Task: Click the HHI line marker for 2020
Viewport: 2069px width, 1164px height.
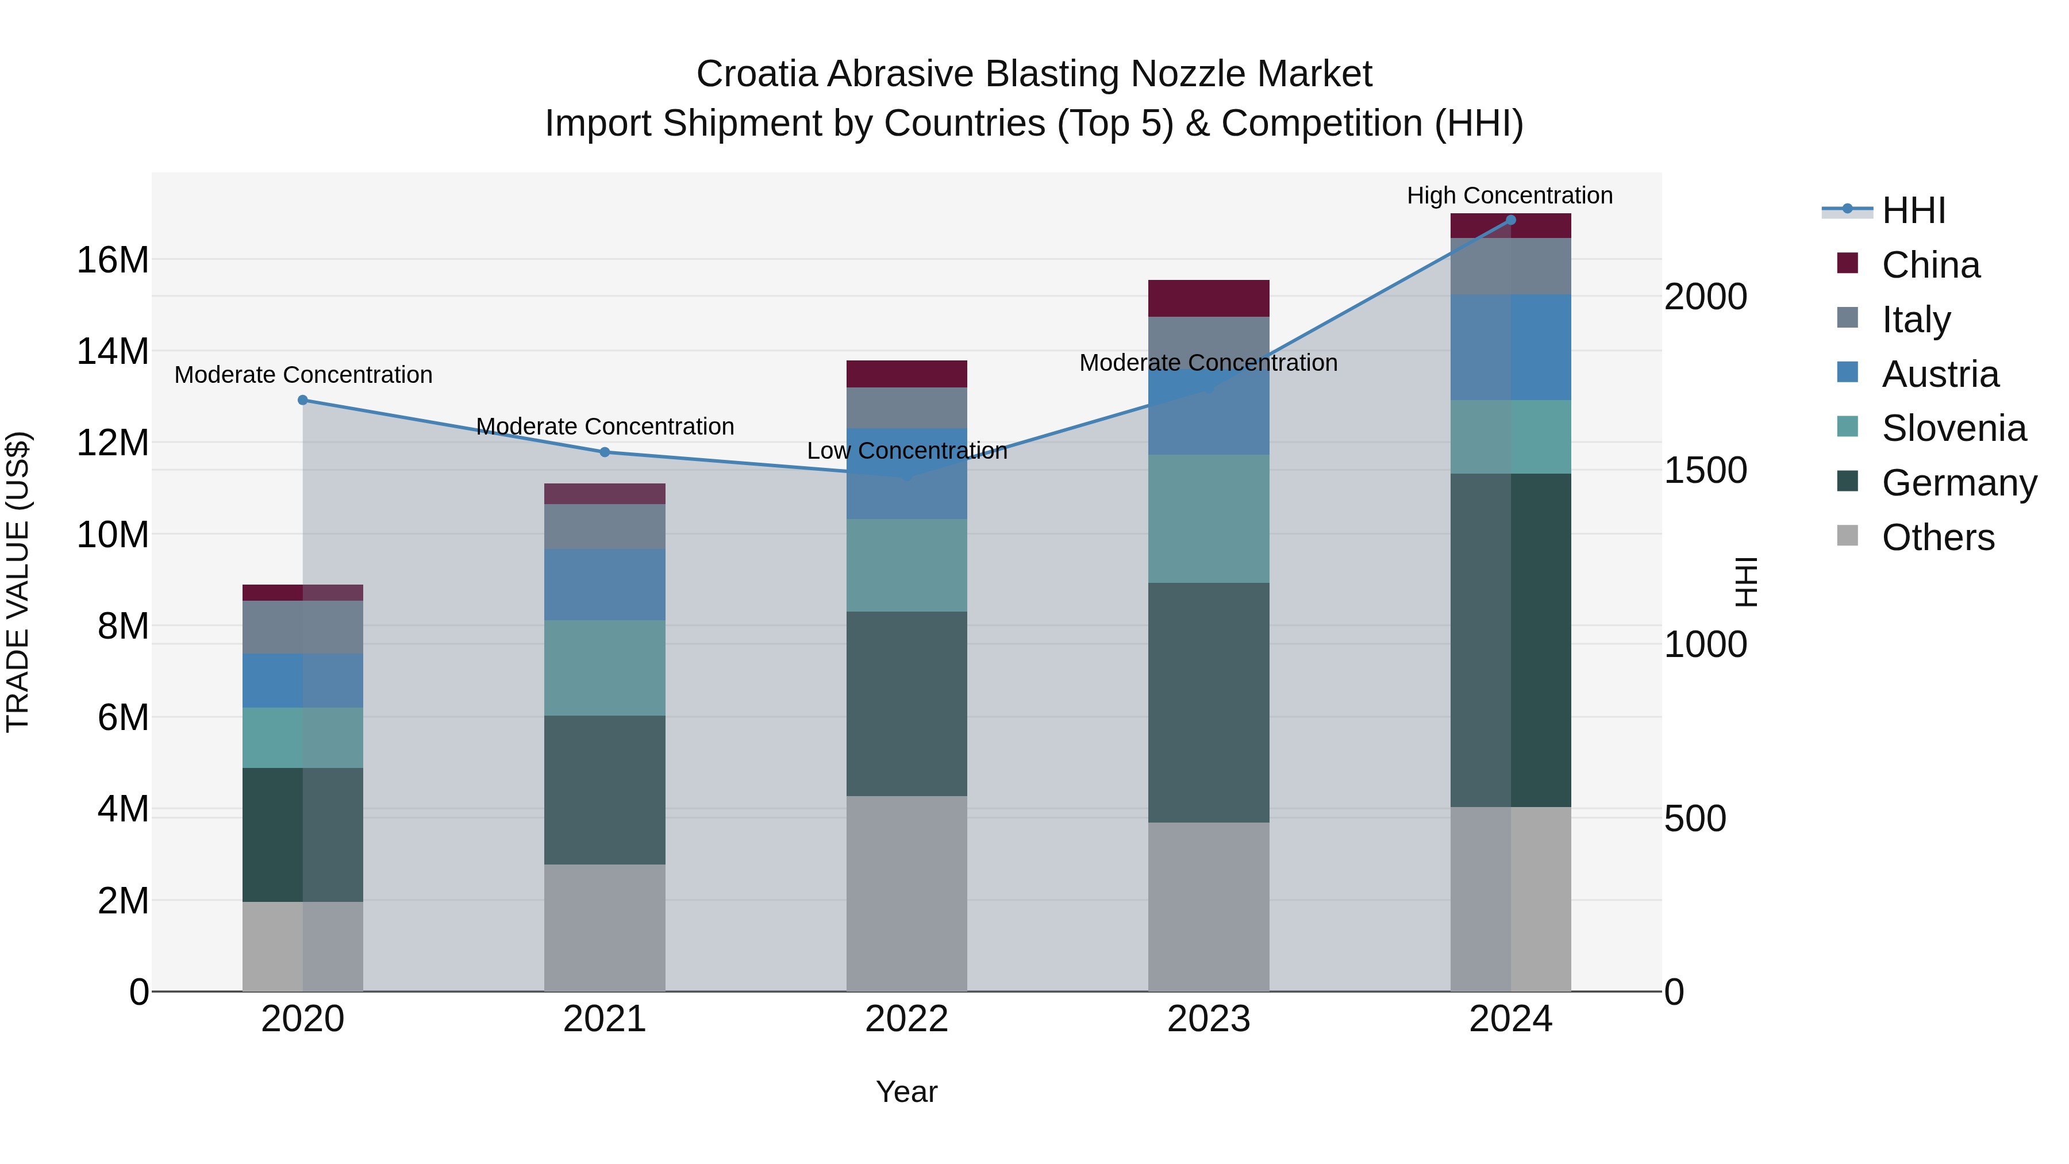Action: click(x=303, y=400)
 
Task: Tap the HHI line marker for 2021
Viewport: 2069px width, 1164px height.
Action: click(x=605, y=452)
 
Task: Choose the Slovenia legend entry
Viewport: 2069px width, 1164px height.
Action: click(x=1953, y=428)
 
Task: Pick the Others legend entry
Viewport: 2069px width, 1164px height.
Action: click(x=1937, y=537)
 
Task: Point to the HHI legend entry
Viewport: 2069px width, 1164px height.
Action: click(x=1913, y=210)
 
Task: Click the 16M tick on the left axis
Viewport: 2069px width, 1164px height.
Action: click(x=113, y=260)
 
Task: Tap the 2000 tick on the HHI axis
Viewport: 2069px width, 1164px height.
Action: click(x=1705, y=297)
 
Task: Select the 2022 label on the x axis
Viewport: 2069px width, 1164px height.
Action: click(x=907, y=1019)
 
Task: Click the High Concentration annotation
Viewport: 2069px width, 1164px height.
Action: click(x=1510, y=195)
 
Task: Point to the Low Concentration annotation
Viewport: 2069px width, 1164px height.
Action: click(x=907, y=451)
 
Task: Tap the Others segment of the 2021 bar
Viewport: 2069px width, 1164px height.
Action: click(x=605, y=928)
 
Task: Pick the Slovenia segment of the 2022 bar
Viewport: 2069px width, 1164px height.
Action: click(x=907, y=566)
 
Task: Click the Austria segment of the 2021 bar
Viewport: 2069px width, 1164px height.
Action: click(x=605, y=584)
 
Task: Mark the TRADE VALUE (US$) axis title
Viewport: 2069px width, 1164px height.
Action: click(x=18, y=582)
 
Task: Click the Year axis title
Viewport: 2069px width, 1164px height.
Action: click(x=907, y=1092)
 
